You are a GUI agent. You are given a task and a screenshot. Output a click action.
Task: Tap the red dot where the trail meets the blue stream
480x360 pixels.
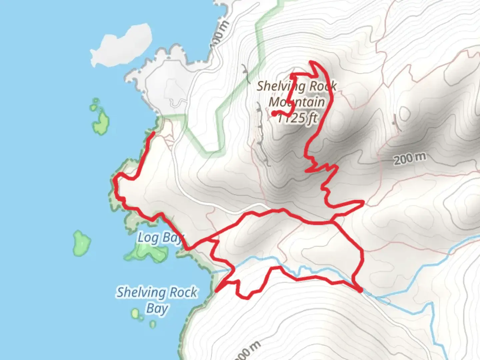360,291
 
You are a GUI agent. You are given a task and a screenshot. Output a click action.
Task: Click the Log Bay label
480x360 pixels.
160,238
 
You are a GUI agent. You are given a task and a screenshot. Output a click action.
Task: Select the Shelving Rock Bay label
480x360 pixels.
157,300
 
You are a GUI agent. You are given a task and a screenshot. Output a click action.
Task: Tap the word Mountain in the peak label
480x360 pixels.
296,102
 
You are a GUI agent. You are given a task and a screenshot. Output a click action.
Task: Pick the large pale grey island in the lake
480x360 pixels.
122,45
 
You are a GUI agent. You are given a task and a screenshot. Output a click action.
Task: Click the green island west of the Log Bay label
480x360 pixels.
81,243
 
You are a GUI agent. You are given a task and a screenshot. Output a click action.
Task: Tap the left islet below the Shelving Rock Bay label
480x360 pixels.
135,313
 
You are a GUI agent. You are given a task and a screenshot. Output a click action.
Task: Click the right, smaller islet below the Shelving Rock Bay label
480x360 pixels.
152,324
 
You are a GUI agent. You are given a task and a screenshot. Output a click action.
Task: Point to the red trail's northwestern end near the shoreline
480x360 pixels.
153,133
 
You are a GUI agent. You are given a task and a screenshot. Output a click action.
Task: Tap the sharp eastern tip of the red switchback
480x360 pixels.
363,201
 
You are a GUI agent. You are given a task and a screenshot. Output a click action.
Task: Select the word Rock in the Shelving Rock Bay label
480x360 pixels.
183,293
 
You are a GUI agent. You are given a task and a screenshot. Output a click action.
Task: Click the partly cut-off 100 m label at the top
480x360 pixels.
219,35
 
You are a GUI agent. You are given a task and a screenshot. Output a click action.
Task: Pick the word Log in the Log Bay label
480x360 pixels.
148,238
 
